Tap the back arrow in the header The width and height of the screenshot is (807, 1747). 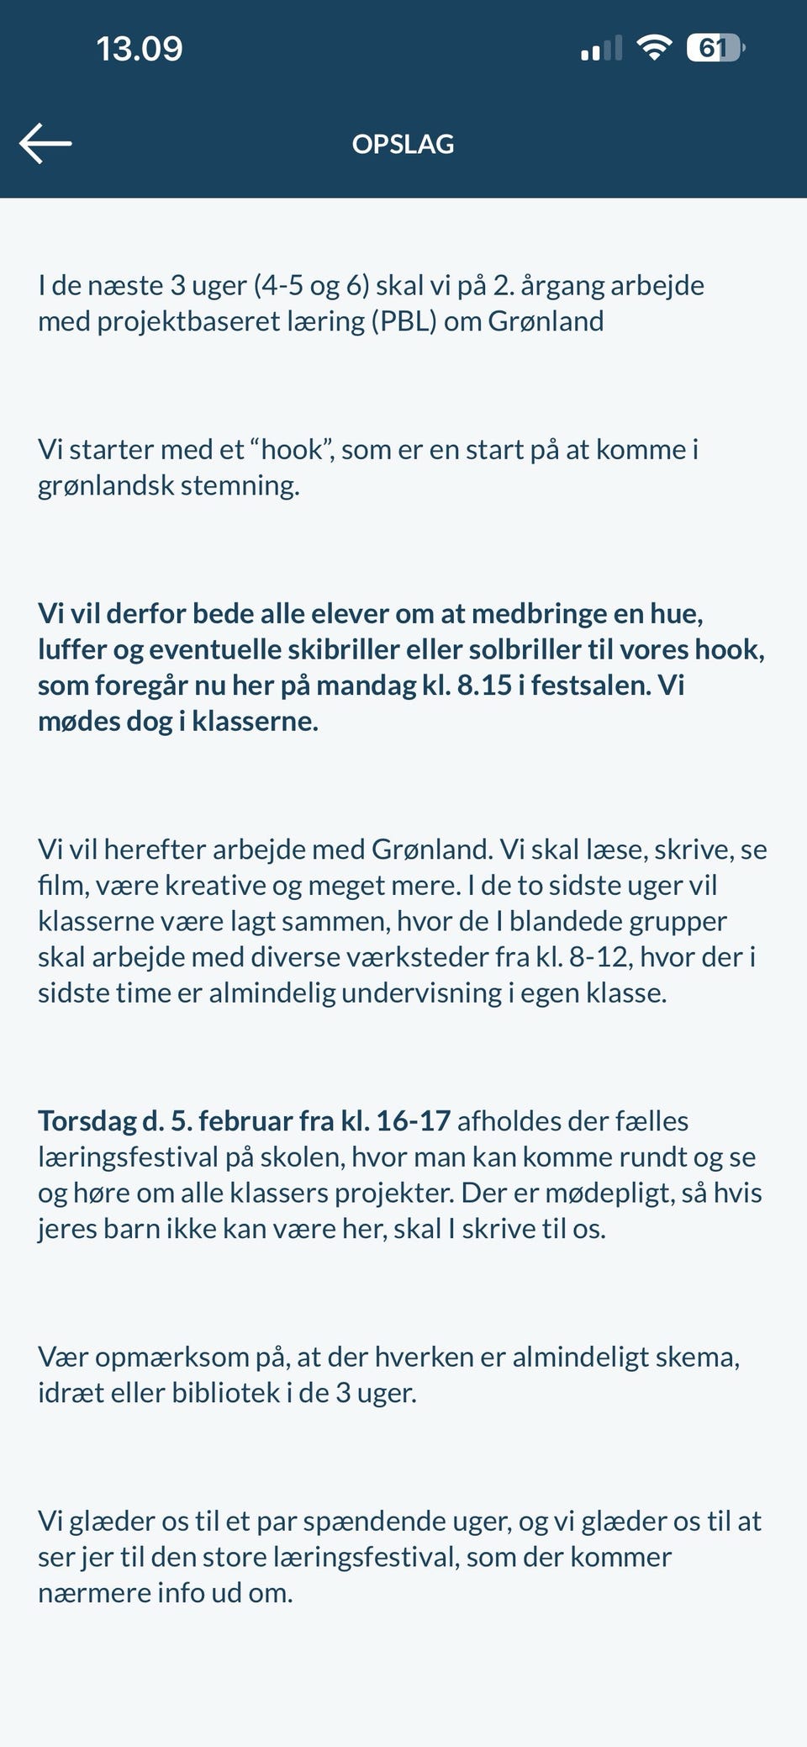45,143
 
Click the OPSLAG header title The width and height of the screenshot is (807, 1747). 403,144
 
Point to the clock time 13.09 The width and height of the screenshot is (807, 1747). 140,49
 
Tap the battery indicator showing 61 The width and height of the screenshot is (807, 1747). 715,48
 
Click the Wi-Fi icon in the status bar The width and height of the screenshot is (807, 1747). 653,47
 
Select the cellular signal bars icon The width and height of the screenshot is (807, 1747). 601,49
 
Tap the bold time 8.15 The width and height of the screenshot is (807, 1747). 484,686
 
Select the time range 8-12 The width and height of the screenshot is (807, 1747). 599,957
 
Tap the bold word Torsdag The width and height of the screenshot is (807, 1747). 87,1121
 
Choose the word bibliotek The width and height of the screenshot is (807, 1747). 225,1393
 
